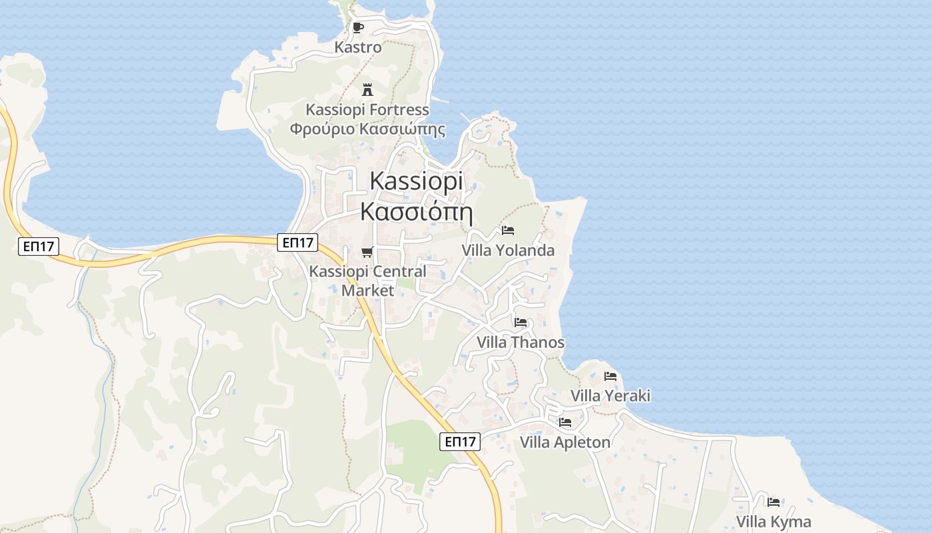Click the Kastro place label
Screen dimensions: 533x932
pyautogui.click(x=358, y=47)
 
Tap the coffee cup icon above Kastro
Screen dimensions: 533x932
pyautogui.click(x=358, y=27)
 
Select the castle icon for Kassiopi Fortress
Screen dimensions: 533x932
pyautogui.click(x=367, y=90)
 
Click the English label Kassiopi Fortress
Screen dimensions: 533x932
pyautogui.click(x=367, y=109)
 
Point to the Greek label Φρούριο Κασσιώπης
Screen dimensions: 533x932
pyautogui.click(x=367, y=129)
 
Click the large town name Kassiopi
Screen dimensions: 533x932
pyautogui.click(x=416, y=181)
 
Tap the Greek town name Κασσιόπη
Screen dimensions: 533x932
pyautogui.click(x=416, y=211)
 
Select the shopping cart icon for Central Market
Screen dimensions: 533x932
pyautogui.click(x=367, y=252)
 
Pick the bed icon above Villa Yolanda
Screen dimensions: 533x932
pyautogui.click(x=508, y=231)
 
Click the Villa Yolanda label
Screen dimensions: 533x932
pyautogui.click(x=508, y=251)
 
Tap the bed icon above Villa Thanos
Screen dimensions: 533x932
pyautogui.click(x=521, y=322)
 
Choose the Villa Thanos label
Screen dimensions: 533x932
pyautogui.click(x=521, y=342)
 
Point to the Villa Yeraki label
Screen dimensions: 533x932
pyautogui.click(x=610, y=396)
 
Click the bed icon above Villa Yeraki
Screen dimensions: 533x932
pyautogui.click(x=610, y=376)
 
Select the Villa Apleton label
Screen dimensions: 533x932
pyautogui.click(x=565, y=442)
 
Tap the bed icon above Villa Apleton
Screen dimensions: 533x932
pyautogui.click(x=565, y=422)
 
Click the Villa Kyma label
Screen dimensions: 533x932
pyautogui.click(x=774, y=522)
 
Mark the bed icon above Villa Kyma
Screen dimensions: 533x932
pyautogui.click(x=774, y=502)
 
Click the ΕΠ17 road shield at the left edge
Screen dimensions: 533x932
pyautogui.click(x=38, y=247)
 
